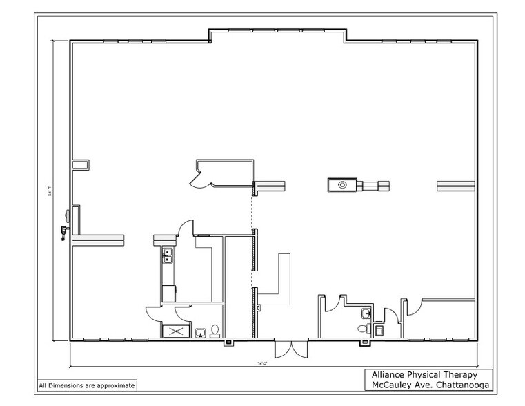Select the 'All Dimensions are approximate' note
pyautogui.click(x=86, y=385)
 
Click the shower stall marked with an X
pyautogui.click(x=175, y=331)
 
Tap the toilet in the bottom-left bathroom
pyautogui.click(x=215, y=331)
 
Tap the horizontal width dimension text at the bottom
pyautogui.click(x=262, y=362)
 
